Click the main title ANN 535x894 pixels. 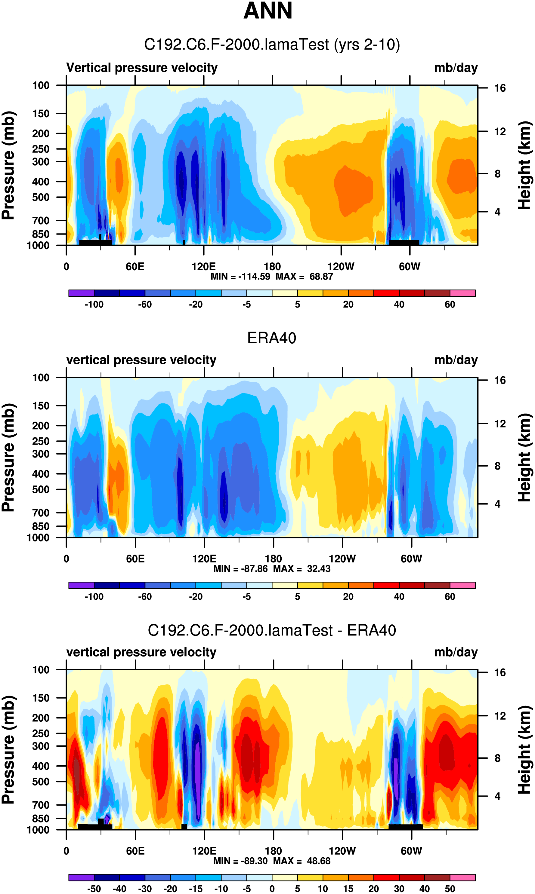point(267,11)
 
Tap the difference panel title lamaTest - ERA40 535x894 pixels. point(272,630)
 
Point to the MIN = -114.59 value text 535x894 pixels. point(240,277)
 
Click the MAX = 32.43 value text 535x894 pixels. point(302,568)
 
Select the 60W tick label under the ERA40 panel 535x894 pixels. point(411,559)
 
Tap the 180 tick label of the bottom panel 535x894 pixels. point(273,851)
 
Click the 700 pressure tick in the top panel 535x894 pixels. point(41,220)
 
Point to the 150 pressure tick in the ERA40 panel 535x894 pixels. point(41,406)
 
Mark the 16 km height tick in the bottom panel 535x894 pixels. point(500,672)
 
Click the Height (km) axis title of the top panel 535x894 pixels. point(525,165)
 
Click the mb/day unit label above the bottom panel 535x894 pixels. point(456,652)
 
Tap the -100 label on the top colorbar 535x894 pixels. point(94,305)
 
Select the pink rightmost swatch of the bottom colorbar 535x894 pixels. point(462,877)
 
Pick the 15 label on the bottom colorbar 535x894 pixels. point(348,889)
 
